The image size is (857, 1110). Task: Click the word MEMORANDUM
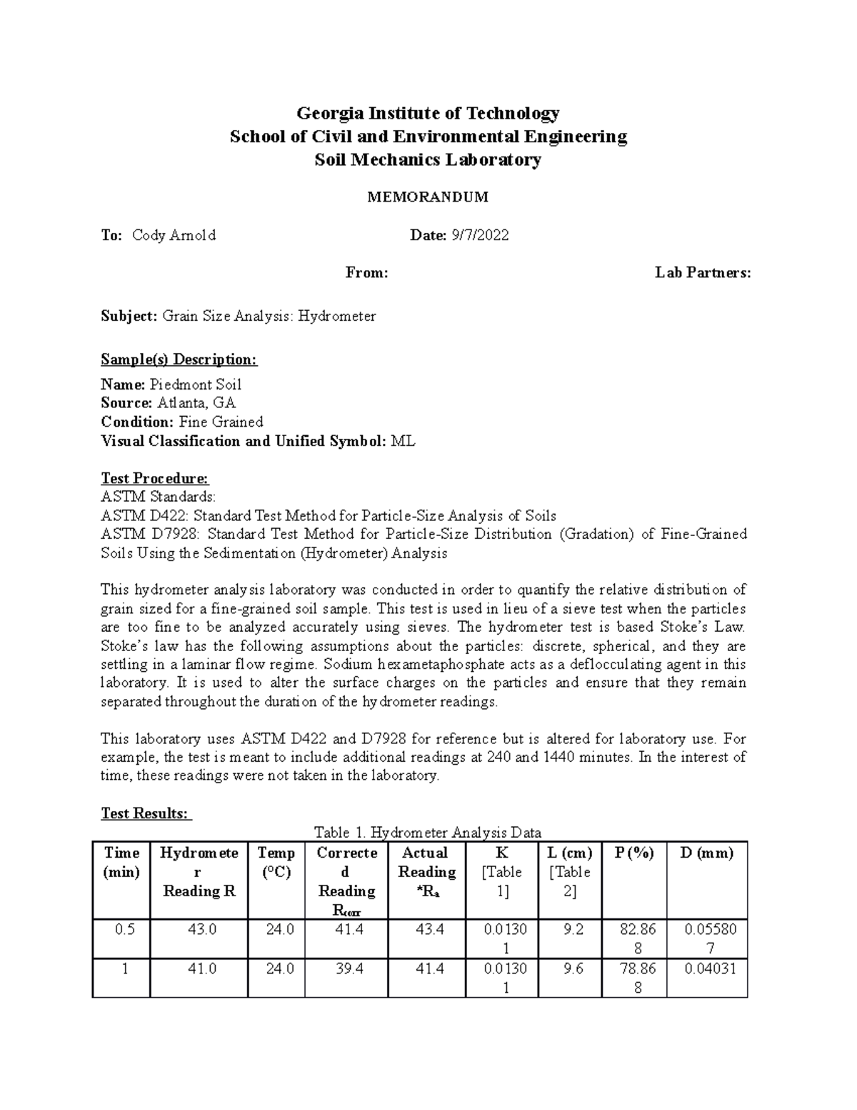(x=427, y=197)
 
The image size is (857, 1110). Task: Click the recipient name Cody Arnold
(x=174, y=235)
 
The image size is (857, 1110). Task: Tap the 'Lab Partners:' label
(x=703, y=272)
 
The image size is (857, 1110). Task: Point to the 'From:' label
(x=366, y=272)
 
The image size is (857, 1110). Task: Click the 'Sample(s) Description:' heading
(x=179, y=359)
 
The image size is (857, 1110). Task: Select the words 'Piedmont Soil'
(x=195, y=385)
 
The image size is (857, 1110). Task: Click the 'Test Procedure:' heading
(x=155, y=478)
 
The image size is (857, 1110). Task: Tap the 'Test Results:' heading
(x=146, y=813)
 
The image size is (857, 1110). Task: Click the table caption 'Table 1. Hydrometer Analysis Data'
(x=428, y=832)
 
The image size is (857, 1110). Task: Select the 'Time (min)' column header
(x=121, y=862)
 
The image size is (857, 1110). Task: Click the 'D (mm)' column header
(x=706, y=853)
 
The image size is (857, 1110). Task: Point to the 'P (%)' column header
(x=633, y=853)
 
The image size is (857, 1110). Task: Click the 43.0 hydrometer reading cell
(x=199, y=929)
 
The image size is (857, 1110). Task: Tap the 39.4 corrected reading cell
(x=346, y=968)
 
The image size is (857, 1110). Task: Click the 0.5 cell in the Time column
(x=121, y=929)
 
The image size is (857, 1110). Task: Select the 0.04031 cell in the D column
(x=706, y=968)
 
